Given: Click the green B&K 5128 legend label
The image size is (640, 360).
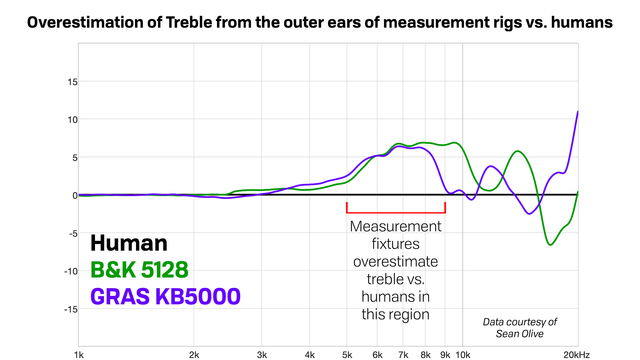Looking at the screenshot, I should point(139,270).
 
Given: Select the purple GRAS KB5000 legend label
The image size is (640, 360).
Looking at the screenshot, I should point(165,296).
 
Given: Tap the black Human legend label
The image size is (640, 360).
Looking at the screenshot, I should point(129,243).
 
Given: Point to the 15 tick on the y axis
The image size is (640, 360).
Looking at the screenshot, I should point(73,82).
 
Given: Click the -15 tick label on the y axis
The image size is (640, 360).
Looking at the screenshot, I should point(71,309).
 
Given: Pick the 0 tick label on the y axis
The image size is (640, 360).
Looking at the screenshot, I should point(75,196).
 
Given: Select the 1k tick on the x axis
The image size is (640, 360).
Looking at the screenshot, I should point(79,355).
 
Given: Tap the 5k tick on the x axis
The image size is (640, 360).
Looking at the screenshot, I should point(347,355).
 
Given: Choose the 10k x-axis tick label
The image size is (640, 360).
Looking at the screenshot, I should point(463,355).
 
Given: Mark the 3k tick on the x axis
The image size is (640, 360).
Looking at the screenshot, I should point(262,355).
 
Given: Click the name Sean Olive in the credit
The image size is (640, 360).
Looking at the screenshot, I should point(520,334).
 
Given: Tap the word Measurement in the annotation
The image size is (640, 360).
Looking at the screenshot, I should point(396,227).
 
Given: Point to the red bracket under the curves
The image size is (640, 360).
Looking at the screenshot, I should point(396,212).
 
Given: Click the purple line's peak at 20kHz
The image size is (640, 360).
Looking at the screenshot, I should point(578,112).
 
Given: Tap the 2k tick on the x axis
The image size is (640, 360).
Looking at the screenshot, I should point(194,355).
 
